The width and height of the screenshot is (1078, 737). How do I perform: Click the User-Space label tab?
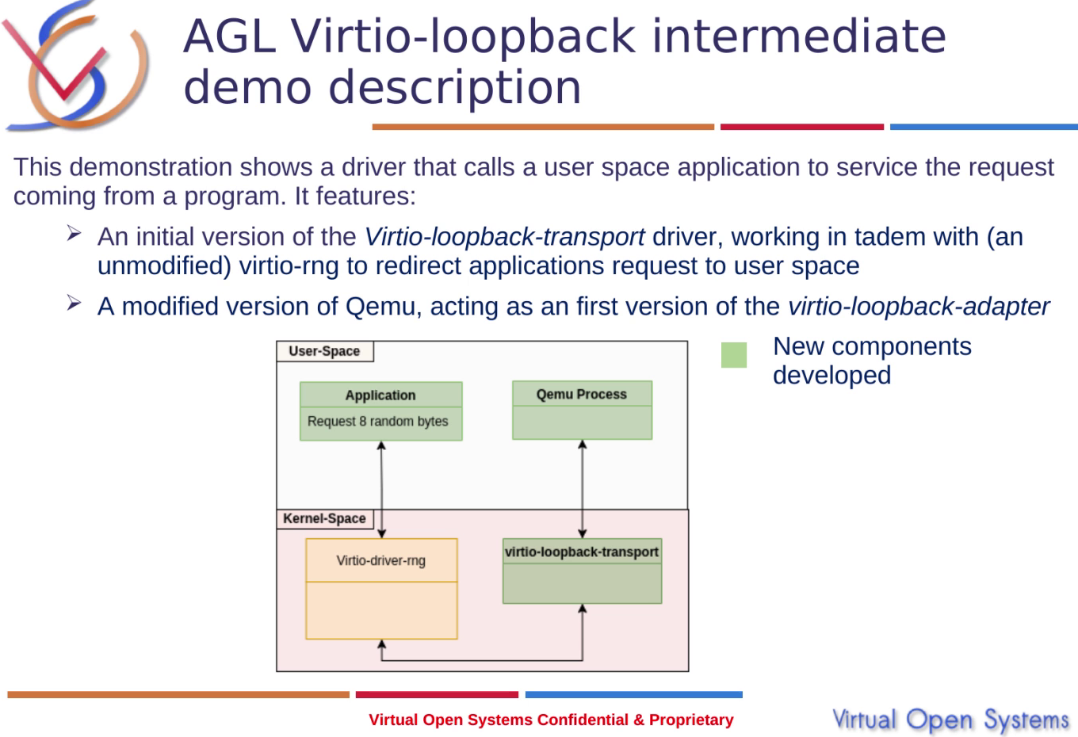coord(324,351)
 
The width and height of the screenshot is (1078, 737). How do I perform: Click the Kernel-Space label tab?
coord(324,518)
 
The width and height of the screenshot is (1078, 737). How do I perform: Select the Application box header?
coord(380,395)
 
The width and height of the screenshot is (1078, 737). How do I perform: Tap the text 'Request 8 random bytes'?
coord(377,422)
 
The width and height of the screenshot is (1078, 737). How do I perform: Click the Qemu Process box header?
coord(581,394)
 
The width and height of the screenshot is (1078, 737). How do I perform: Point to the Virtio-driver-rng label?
coord(380,560)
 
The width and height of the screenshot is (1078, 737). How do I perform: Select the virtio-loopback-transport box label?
coord(581,552)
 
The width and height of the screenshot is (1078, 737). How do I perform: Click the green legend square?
coord(734,355)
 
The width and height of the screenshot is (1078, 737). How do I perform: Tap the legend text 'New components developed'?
coord(871,361)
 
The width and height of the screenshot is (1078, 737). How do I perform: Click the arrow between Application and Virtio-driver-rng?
coord(381,489)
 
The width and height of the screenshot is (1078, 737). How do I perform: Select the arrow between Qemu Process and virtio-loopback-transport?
coord(583,489)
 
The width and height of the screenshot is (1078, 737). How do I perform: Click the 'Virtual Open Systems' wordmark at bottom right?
coord(950,720)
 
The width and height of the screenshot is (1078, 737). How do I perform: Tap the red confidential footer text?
coord(551,720)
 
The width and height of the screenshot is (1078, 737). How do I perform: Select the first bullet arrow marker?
coord(74,234)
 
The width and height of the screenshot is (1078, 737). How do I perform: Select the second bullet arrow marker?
coord(74,304)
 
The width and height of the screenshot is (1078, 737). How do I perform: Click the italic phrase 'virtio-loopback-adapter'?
coord(918,307)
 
